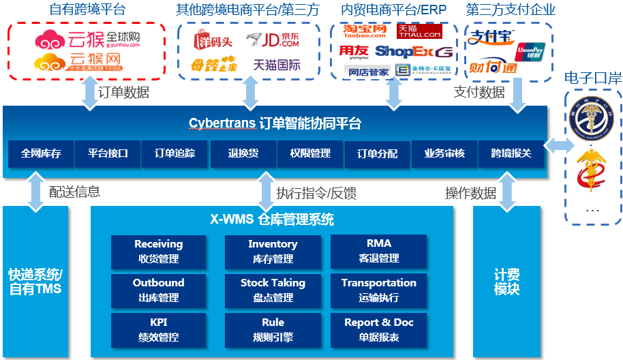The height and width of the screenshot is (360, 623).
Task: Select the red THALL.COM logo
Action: pos(419,31)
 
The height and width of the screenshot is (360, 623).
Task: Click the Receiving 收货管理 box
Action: pos(158,251)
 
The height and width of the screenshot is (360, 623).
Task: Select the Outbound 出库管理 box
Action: pos(158,290)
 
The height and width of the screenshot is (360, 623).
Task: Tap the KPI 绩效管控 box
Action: pos(158,329)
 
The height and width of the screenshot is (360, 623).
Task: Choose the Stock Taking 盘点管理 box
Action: pos(273,290)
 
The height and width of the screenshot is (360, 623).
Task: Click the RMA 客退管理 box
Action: pos(379,251)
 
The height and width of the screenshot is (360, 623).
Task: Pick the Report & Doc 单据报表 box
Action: pos(379,329)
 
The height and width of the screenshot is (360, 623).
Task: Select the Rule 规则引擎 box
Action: pos(273,329)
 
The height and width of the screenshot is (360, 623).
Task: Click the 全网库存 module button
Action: pos(41,153)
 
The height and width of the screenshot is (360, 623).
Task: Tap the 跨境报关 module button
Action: pos(511,153)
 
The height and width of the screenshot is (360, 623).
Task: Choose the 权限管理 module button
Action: pos(310,153)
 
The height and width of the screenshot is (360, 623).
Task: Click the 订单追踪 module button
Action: pos(175,153)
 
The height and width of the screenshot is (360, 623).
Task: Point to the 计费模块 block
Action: pos(507,282)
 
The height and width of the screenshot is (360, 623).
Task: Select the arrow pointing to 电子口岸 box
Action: pos(558,145)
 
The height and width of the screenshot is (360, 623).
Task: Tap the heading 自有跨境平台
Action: pos(87,10)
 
